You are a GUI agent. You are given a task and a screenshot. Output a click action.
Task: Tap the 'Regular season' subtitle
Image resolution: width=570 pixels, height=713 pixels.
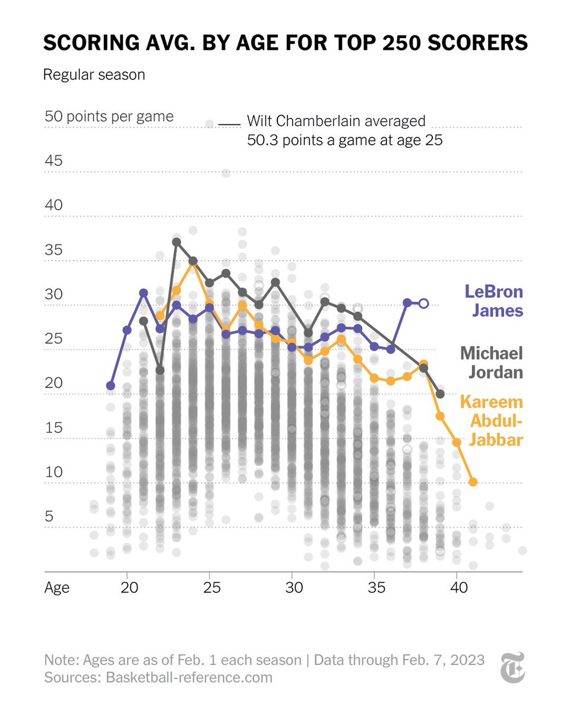(94, 75)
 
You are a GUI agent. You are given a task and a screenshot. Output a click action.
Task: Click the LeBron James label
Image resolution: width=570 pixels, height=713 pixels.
(493, 301)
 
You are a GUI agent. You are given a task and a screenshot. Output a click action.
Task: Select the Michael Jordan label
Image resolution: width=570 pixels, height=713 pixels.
(491, 362)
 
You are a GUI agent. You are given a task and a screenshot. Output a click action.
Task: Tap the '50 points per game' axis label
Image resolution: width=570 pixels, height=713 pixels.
(109, 116)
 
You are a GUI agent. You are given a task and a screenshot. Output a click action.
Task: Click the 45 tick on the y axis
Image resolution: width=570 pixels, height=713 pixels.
(53, 161)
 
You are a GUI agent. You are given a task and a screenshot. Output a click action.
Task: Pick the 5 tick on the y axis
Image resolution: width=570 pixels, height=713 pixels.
(49, 516)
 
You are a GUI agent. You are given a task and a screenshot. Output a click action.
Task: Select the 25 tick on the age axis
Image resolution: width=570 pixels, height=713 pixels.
(209, 588)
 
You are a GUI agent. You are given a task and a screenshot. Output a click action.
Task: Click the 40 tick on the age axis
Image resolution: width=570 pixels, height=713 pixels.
(456, 588)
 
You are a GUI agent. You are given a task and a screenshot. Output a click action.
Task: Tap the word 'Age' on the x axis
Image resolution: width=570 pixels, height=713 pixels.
(57, 588)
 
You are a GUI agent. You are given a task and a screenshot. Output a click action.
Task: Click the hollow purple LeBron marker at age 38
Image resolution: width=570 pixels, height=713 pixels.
(423, 304)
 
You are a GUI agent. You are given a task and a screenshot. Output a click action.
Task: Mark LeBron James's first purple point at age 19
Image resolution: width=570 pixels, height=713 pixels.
(110, 386)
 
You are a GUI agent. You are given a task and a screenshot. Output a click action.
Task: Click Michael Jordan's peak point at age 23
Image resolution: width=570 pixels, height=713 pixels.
(176, 242)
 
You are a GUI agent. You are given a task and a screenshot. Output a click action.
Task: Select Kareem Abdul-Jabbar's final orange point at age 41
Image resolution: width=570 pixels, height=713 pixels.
(473, 482)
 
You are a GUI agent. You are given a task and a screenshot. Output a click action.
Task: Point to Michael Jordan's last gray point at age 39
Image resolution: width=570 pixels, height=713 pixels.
(440, 394)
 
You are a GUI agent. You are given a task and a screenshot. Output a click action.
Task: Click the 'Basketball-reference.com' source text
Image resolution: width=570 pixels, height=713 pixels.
(189, 677)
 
